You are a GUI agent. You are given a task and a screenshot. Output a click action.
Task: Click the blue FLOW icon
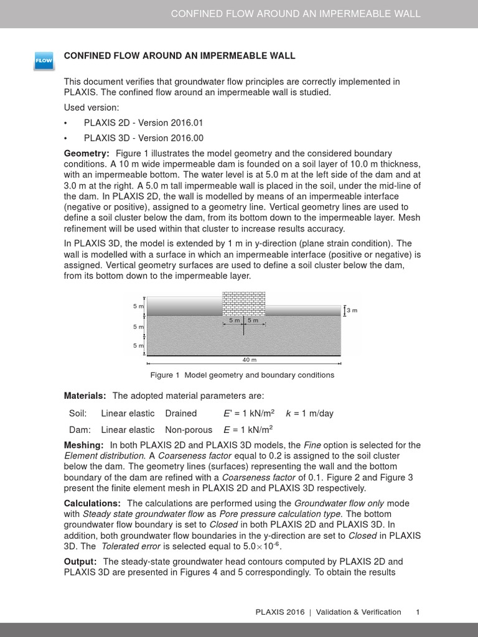(x=43, y=60)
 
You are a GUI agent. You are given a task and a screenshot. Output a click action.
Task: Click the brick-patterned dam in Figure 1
(x=244, y=304)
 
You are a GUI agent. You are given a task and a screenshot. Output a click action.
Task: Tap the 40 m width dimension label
(x=249, y=360)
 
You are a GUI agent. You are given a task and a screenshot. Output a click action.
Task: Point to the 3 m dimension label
(x=352, y=310)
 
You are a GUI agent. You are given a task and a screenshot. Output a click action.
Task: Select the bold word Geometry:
(x=87, y=153)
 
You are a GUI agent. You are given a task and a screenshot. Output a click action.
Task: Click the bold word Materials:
(x=85, y=396)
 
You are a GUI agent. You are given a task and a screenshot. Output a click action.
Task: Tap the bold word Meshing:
(x=84, y=445)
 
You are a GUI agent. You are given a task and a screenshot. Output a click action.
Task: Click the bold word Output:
(x=80, y=561)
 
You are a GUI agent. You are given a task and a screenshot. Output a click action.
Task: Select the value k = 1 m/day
(x=309, y=413)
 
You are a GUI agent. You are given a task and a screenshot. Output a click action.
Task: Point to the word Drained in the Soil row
(x=180, y=413)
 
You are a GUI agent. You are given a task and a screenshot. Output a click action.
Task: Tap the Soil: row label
(x=78, y=413)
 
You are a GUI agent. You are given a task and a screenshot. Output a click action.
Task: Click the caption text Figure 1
(x=165, y=375)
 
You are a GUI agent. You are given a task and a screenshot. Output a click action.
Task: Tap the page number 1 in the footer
(x=418, y=612)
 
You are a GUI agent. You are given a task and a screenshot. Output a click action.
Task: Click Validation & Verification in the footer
(x=358, y=612)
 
